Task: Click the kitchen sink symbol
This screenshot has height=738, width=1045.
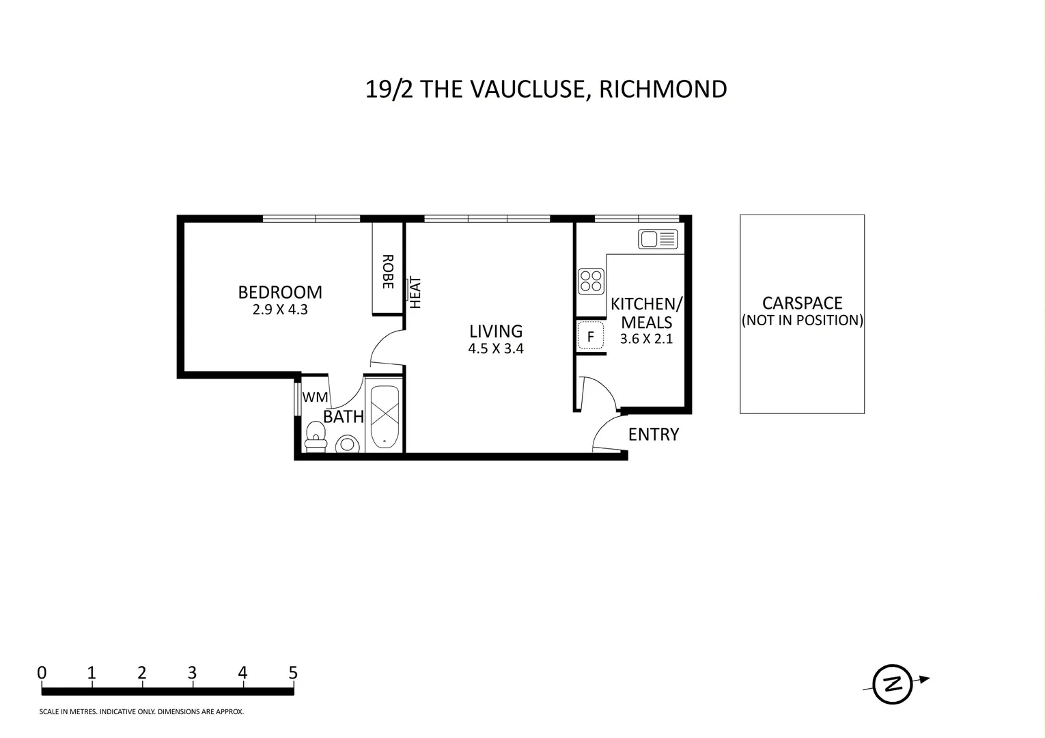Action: point(658,239)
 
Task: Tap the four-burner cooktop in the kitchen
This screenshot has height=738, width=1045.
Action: point(591,281)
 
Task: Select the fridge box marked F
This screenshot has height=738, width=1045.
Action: point(591,336)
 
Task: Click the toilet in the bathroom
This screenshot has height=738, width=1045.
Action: point(316,437)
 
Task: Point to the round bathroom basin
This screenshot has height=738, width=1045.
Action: point(348,444)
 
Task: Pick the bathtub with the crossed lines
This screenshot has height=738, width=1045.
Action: point(384,416)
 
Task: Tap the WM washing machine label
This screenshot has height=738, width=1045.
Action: point(315,397)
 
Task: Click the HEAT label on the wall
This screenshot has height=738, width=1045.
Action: point(415,292)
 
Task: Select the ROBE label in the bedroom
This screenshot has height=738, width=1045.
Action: point(387,272)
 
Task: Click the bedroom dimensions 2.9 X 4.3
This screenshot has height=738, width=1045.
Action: point(280,310)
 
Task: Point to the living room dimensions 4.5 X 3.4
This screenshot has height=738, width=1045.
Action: point(496,348)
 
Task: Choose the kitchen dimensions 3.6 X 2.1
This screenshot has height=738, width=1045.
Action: point(646,339)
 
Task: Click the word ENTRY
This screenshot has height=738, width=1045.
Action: point(653,435)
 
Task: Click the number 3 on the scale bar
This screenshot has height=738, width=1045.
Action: point(192,673)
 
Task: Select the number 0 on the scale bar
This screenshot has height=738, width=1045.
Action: point(42,673)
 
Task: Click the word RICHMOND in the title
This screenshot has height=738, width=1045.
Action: point(663,90)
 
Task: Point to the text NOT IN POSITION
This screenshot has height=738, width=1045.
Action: point(802,320)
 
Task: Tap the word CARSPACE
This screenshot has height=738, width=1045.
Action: point(802,303)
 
